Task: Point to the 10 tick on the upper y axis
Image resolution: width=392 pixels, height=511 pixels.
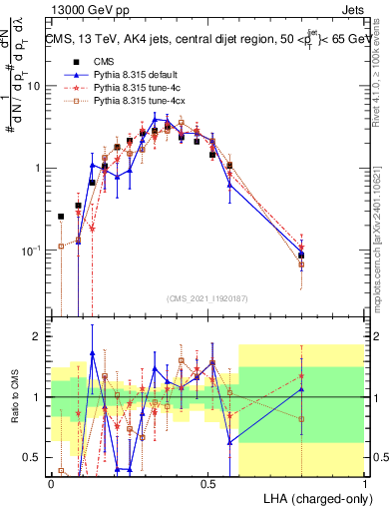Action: click(x=36, y=86)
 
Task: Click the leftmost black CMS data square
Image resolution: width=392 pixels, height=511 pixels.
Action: click(x=62, y=217)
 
